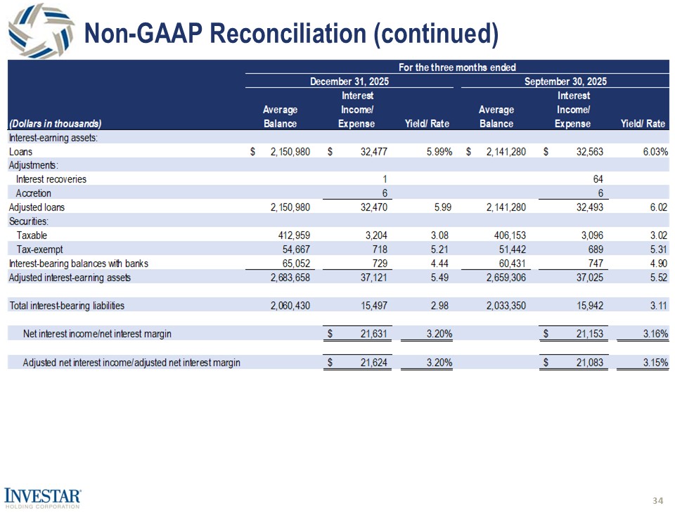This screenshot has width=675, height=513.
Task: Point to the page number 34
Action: point(658,500)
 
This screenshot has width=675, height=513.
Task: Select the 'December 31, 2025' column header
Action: point(349,82)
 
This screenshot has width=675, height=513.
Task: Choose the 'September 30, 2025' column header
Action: point(565,82)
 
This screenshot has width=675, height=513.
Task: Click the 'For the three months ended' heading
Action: point(457,67)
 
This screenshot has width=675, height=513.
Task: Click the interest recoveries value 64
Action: point(598,179)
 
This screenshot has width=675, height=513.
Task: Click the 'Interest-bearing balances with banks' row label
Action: point(78,264)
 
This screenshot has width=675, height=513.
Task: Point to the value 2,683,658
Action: point(290,278)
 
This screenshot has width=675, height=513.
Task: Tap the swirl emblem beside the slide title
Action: point(40,34)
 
